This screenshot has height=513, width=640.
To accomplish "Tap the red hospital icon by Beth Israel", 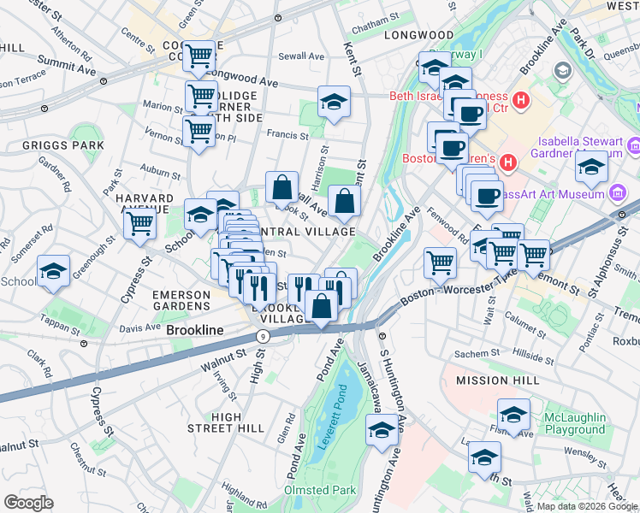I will click(520, 99).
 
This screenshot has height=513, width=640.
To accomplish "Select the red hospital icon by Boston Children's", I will click(508, 160).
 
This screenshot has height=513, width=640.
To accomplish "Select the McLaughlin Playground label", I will click(574, 424).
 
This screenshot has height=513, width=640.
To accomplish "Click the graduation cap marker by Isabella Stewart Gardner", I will click(591, 167).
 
